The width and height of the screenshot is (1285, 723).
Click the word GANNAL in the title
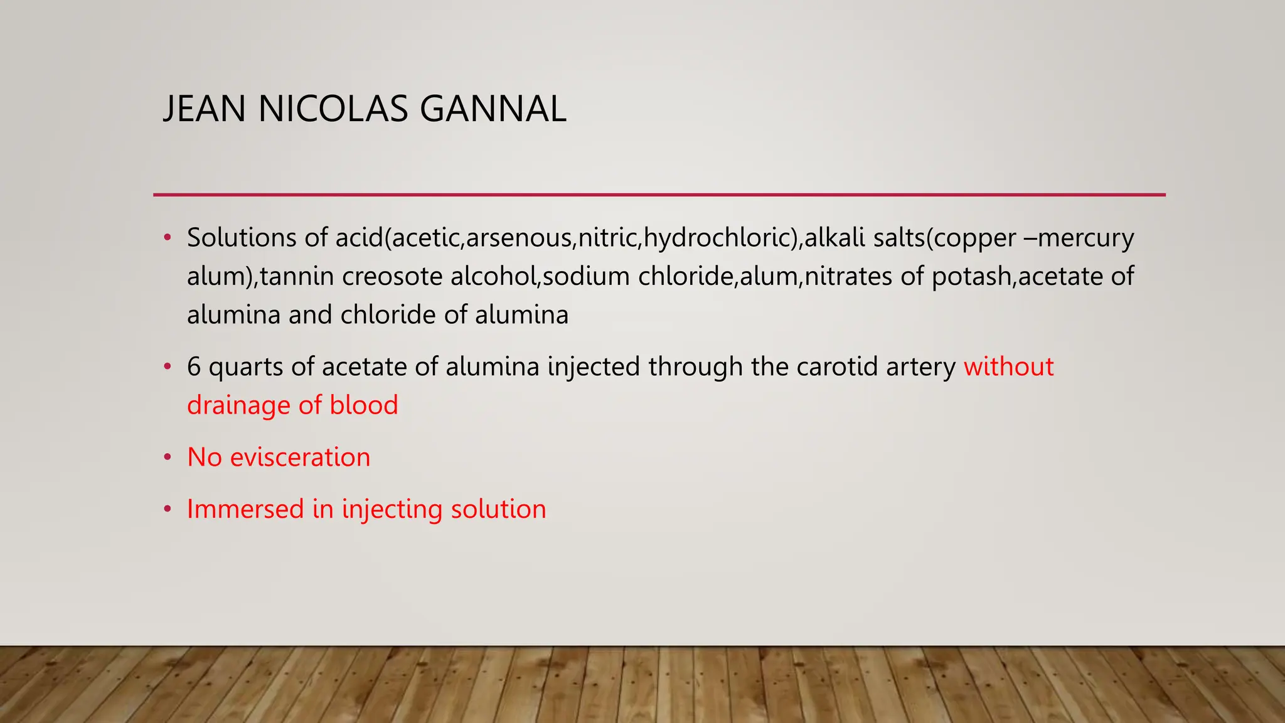(x=493, y=109)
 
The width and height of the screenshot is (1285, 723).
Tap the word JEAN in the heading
(x=204, y=109)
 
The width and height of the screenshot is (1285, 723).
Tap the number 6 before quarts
(x=194, y=367)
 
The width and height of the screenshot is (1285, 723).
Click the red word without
(x=1008, y=367)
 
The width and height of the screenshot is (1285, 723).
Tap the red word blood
(x=364, y=405)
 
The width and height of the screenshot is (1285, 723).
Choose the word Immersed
(x=245, y=509)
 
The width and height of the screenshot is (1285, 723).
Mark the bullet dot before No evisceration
(x=168, y=458)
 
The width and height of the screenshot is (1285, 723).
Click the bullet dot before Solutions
(x=168, y=238)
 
